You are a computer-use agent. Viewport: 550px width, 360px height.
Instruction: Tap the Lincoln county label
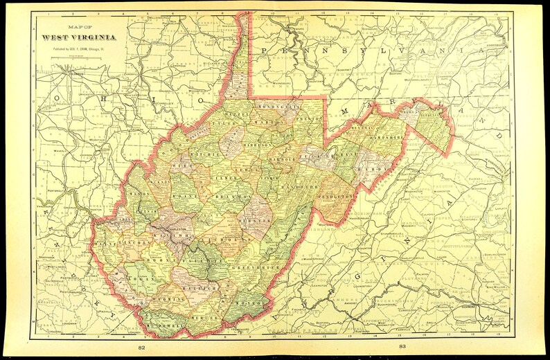coord(136,243)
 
